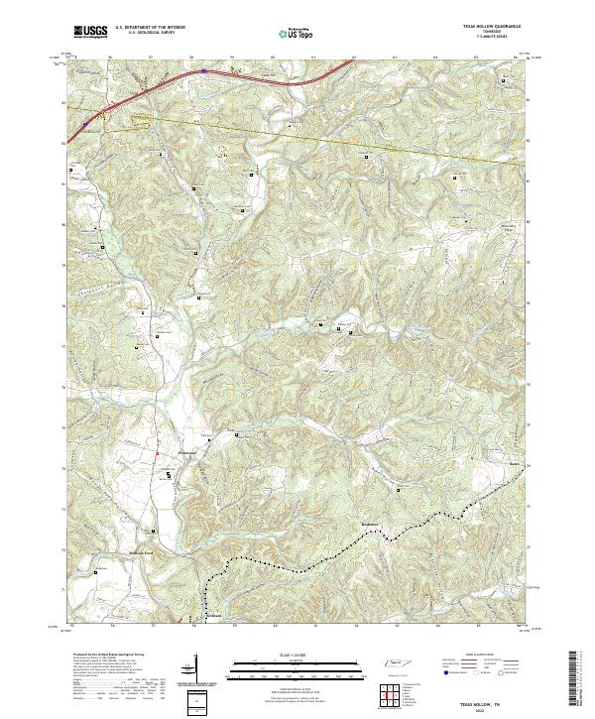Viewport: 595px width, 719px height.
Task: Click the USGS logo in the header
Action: (x=90, y=32)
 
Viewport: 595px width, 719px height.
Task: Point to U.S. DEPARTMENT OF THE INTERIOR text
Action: (x=150, y=28)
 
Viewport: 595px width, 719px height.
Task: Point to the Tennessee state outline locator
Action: (x=397, y=662)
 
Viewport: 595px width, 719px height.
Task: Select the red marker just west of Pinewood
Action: (x=158, y=453)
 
